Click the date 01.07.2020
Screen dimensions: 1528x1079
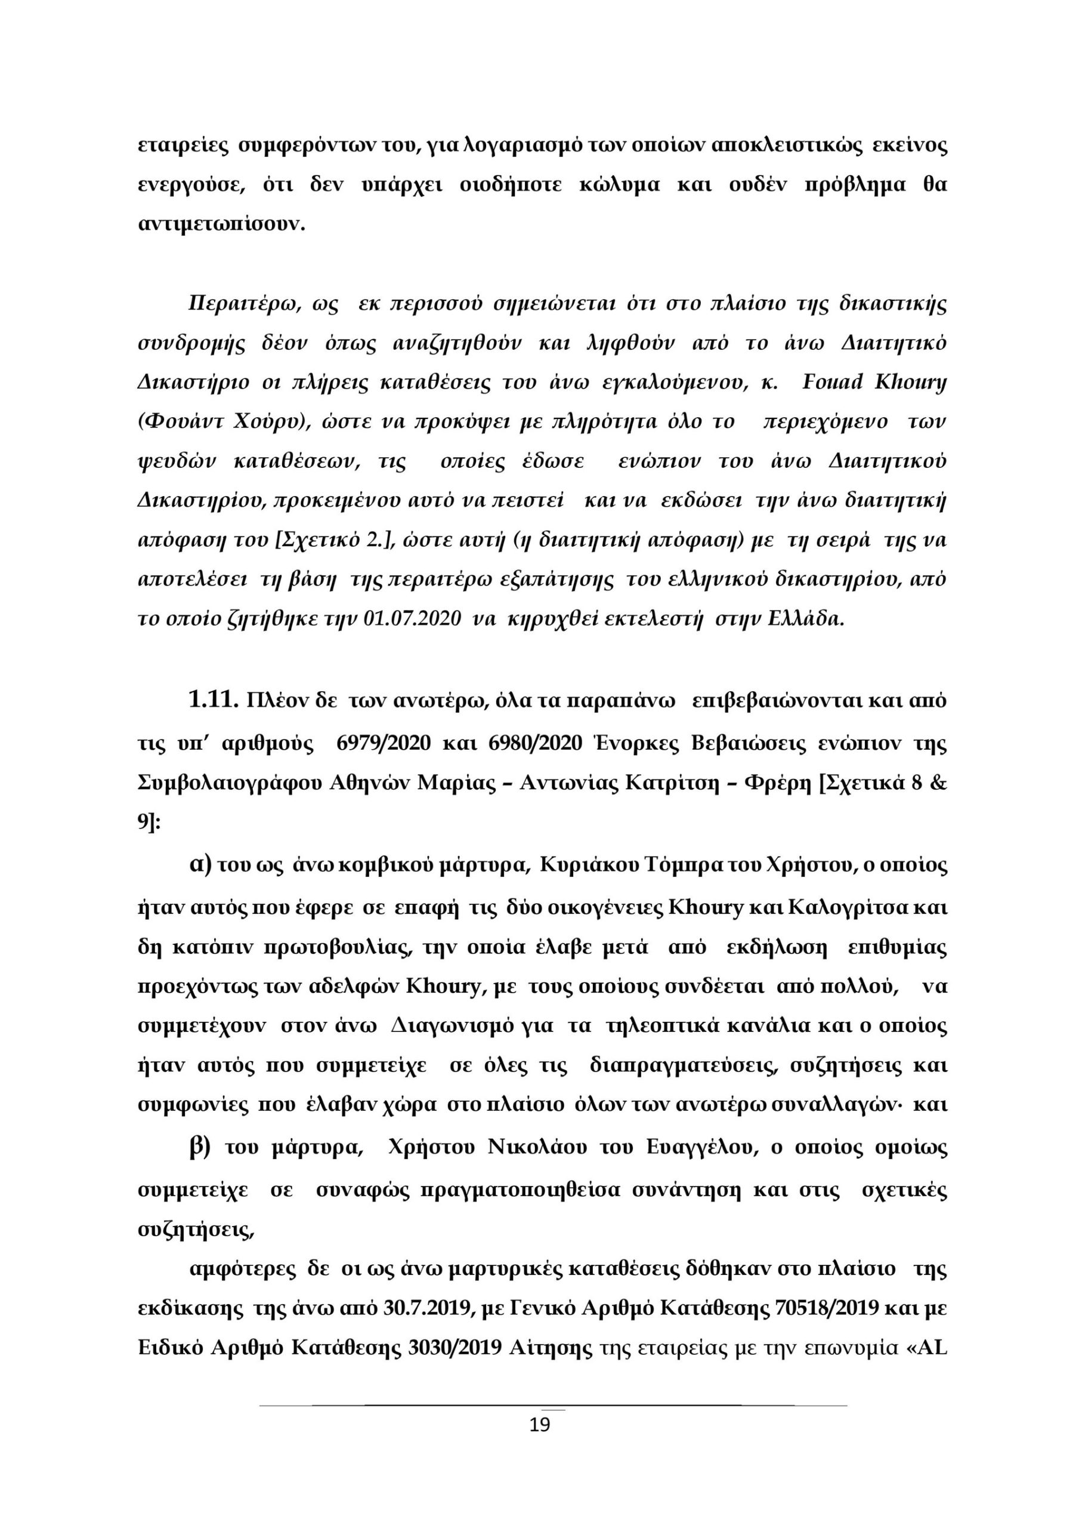[x=413, y=618]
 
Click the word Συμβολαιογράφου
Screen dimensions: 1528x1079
[x=230, y=783]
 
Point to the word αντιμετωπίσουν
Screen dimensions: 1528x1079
[x=220, y=224]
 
